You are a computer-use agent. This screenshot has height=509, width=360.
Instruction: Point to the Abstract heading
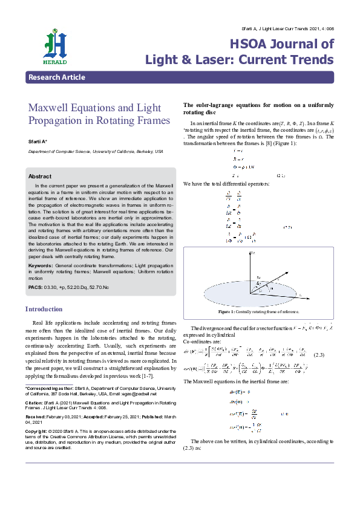pyautogui.click(x=40, y=176)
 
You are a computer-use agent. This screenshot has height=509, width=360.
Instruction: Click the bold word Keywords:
pyautogui.click(x=40, y=265)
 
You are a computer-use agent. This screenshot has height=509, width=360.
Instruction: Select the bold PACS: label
pyautogui.click(x=36, y=287)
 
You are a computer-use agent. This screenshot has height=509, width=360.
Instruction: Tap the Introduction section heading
pyautogui.click(x=44, y=309)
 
